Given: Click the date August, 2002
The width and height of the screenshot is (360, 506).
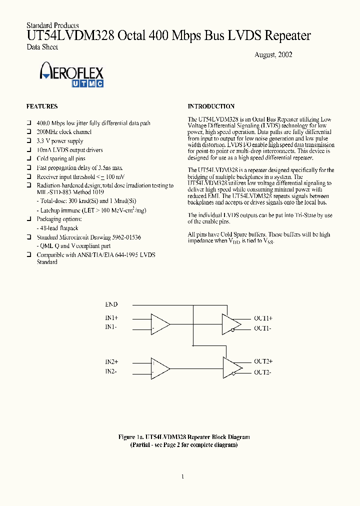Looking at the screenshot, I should point(273,54).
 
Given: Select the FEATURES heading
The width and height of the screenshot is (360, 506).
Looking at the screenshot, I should point(42,106).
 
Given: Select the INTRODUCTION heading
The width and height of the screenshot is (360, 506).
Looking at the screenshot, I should point(211,106).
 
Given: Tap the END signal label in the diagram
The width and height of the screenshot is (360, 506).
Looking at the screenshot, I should point(111,304).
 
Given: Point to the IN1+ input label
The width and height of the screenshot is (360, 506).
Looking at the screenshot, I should point(111,318).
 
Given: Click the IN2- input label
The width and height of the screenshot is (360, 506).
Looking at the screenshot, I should point(111,371).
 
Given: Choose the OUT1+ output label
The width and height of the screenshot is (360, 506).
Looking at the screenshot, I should point(263,318).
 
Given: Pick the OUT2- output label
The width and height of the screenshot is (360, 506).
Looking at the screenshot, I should point(262,372).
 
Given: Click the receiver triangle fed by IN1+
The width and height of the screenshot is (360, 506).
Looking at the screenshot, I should point(159,323).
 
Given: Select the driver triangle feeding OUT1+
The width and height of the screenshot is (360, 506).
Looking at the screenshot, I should point(230,323).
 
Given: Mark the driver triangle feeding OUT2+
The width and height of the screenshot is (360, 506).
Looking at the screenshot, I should point(230,366).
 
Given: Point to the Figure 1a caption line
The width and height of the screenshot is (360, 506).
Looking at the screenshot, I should point(184,436).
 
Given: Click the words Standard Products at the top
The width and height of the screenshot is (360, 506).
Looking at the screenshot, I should point(52,25).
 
